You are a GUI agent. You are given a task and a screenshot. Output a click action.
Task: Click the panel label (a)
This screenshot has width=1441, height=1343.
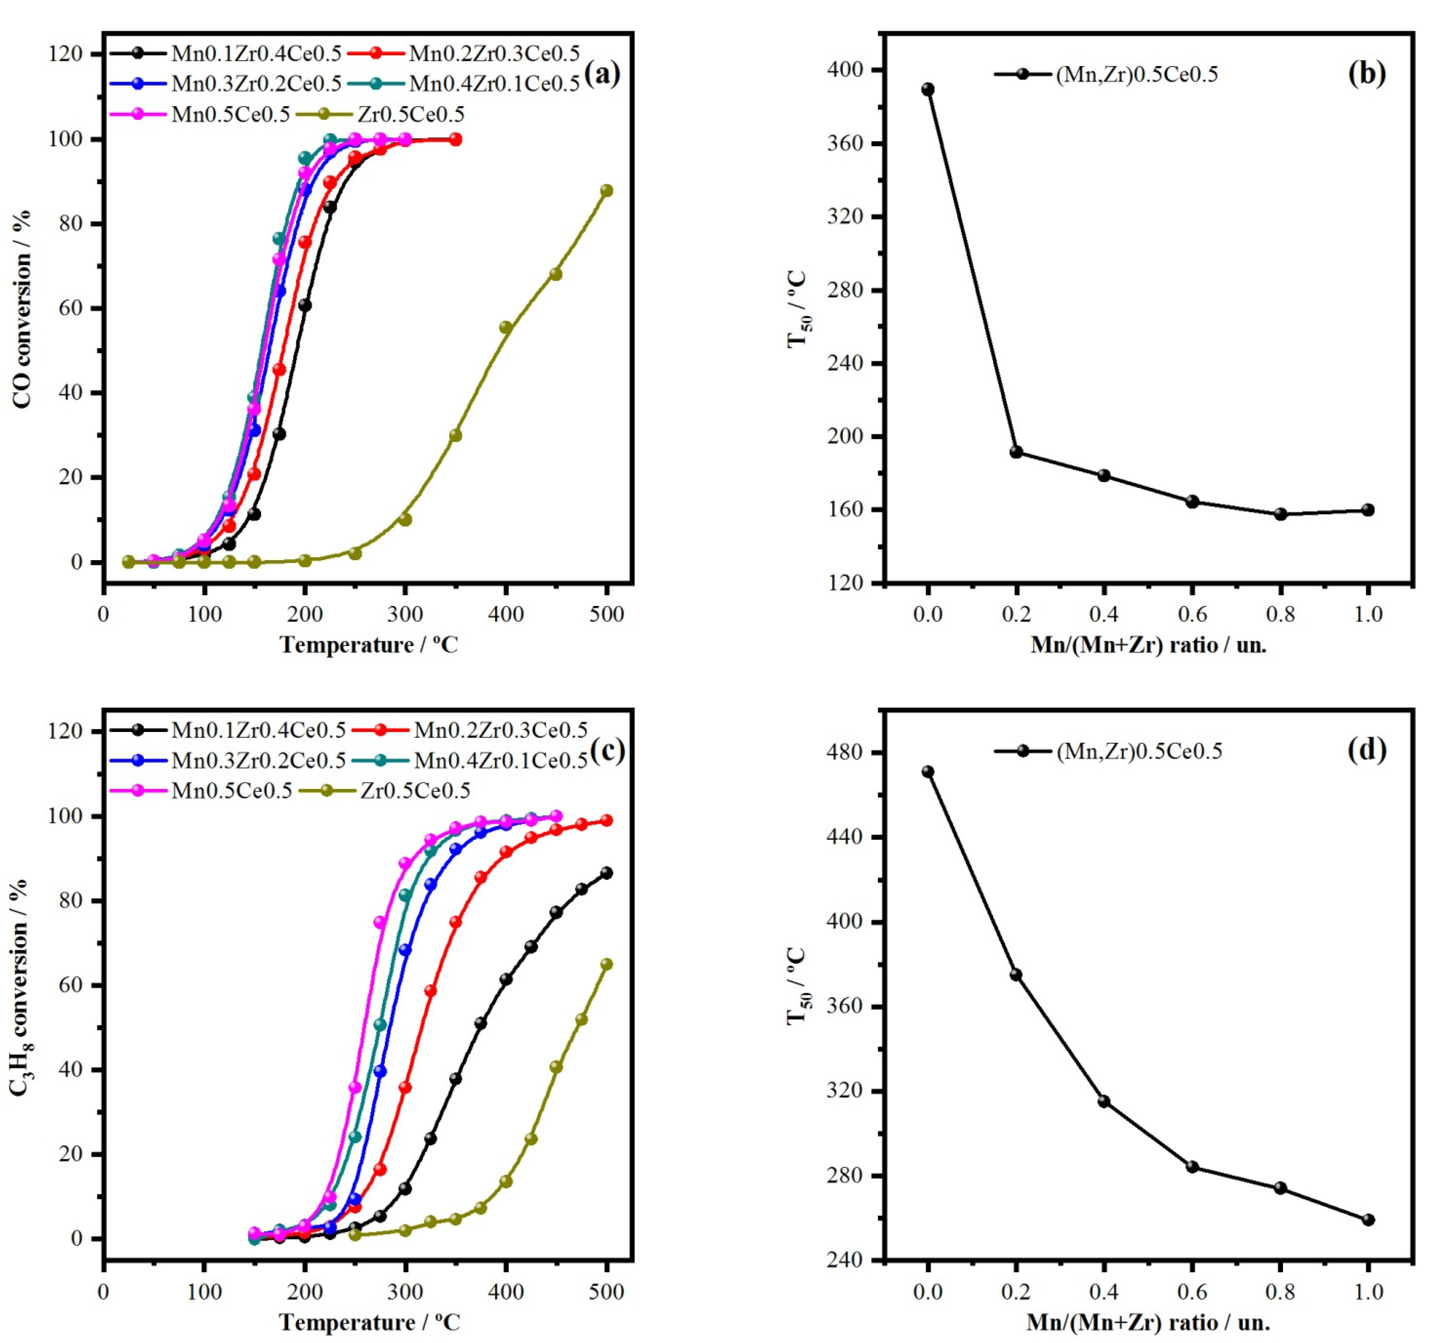[x=602, y=74]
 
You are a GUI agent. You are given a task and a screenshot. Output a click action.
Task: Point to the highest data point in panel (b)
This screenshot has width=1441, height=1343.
[x=928, y=89]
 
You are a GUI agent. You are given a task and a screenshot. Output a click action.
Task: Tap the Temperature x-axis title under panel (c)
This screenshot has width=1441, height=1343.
[x=369, y=1322]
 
